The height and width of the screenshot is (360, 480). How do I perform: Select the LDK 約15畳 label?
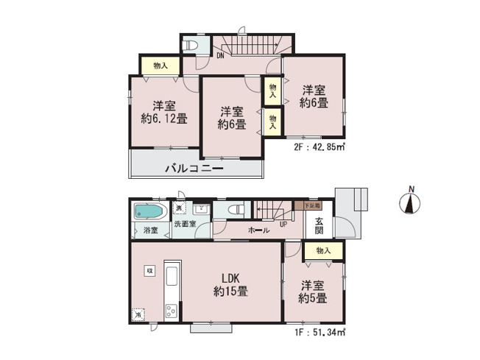(230, 285)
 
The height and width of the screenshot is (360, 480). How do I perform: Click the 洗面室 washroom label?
(185, 224)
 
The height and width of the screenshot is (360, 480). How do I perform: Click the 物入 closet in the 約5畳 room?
(322, 251)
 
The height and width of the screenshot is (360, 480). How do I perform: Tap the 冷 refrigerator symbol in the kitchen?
(138, 314)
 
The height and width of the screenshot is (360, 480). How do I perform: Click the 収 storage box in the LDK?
(149, 270)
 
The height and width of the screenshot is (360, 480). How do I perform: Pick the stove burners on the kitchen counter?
(171, 310)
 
